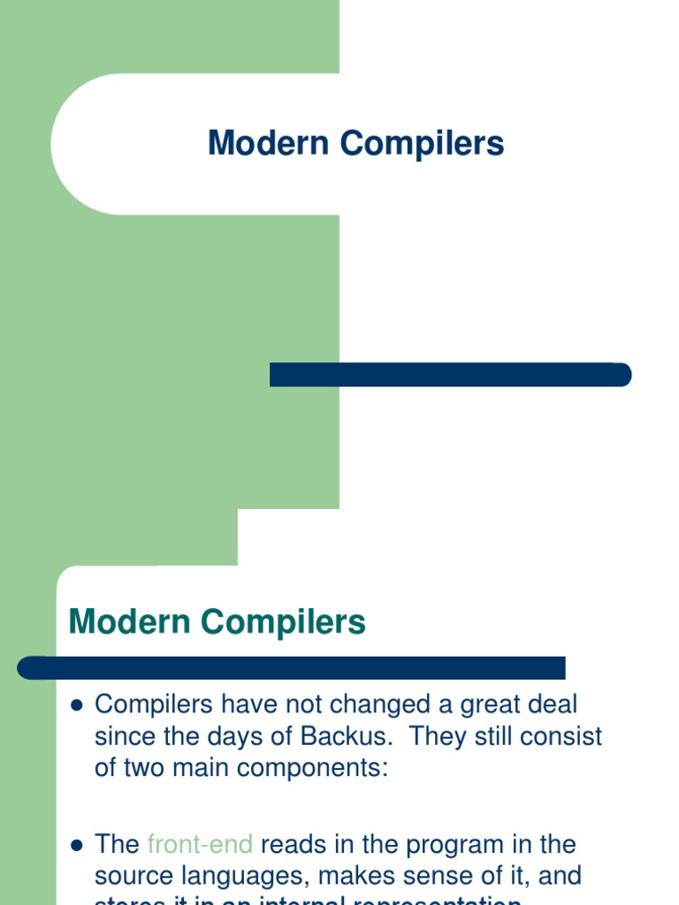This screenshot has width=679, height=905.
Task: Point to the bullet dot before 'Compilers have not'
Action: tap(76, 705)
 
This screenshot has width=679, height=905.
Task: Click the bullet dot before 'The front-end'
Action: tap(76, 846)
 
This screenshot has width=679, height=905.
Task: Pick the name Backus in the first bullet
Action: tap(360, 736)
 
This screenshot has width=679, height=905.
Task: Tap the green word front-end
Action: tap(201, 845)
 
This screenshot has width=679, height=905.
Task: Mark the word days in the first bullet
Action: tap(233, 736)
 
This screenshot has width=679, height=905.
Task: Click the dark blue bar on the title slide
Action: tap(450, 375)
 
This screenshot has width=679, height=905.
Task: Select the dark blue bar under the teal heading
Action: tap(292, 668)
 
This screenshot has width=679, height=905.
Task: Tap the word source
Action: tap(135, 877)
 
